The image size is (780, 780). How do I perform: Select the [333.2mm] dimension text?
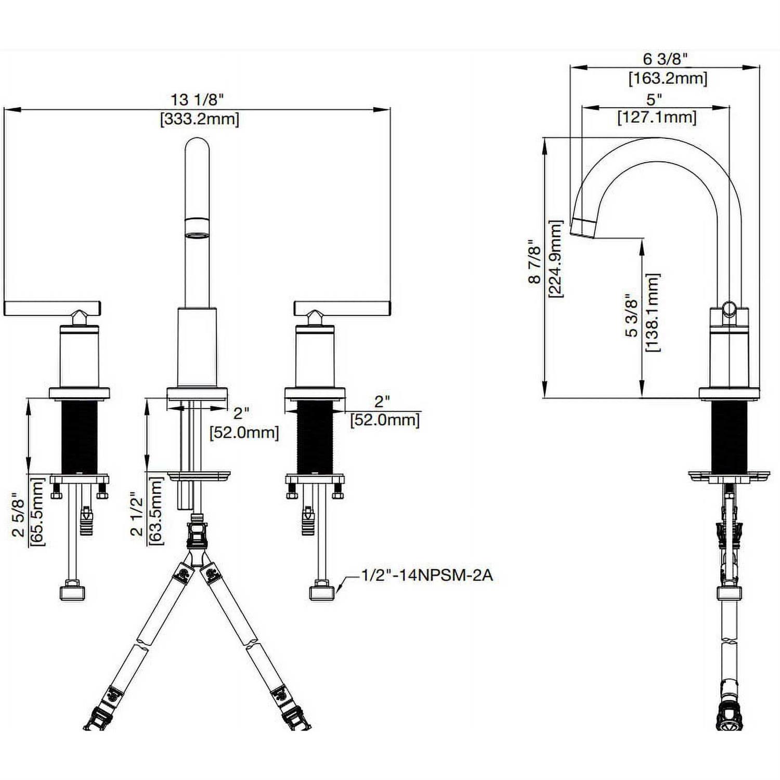[x=200, y=119]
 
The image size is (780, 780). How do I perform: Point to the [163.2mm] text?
[x=668, y=79]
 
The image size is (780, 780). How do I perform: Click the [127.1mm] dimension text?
[x=656, y=118]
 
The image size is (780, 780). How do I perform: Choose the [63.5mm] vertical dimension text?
[x=156, y=511]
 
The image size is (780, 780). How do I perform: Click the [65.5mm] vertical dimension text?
[x=37, y=512]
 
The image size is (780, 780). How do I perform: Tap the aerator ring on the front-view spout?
[x=198, y=228]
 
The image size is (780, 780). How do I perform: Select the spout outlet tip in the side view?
[x=582, y=228]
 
